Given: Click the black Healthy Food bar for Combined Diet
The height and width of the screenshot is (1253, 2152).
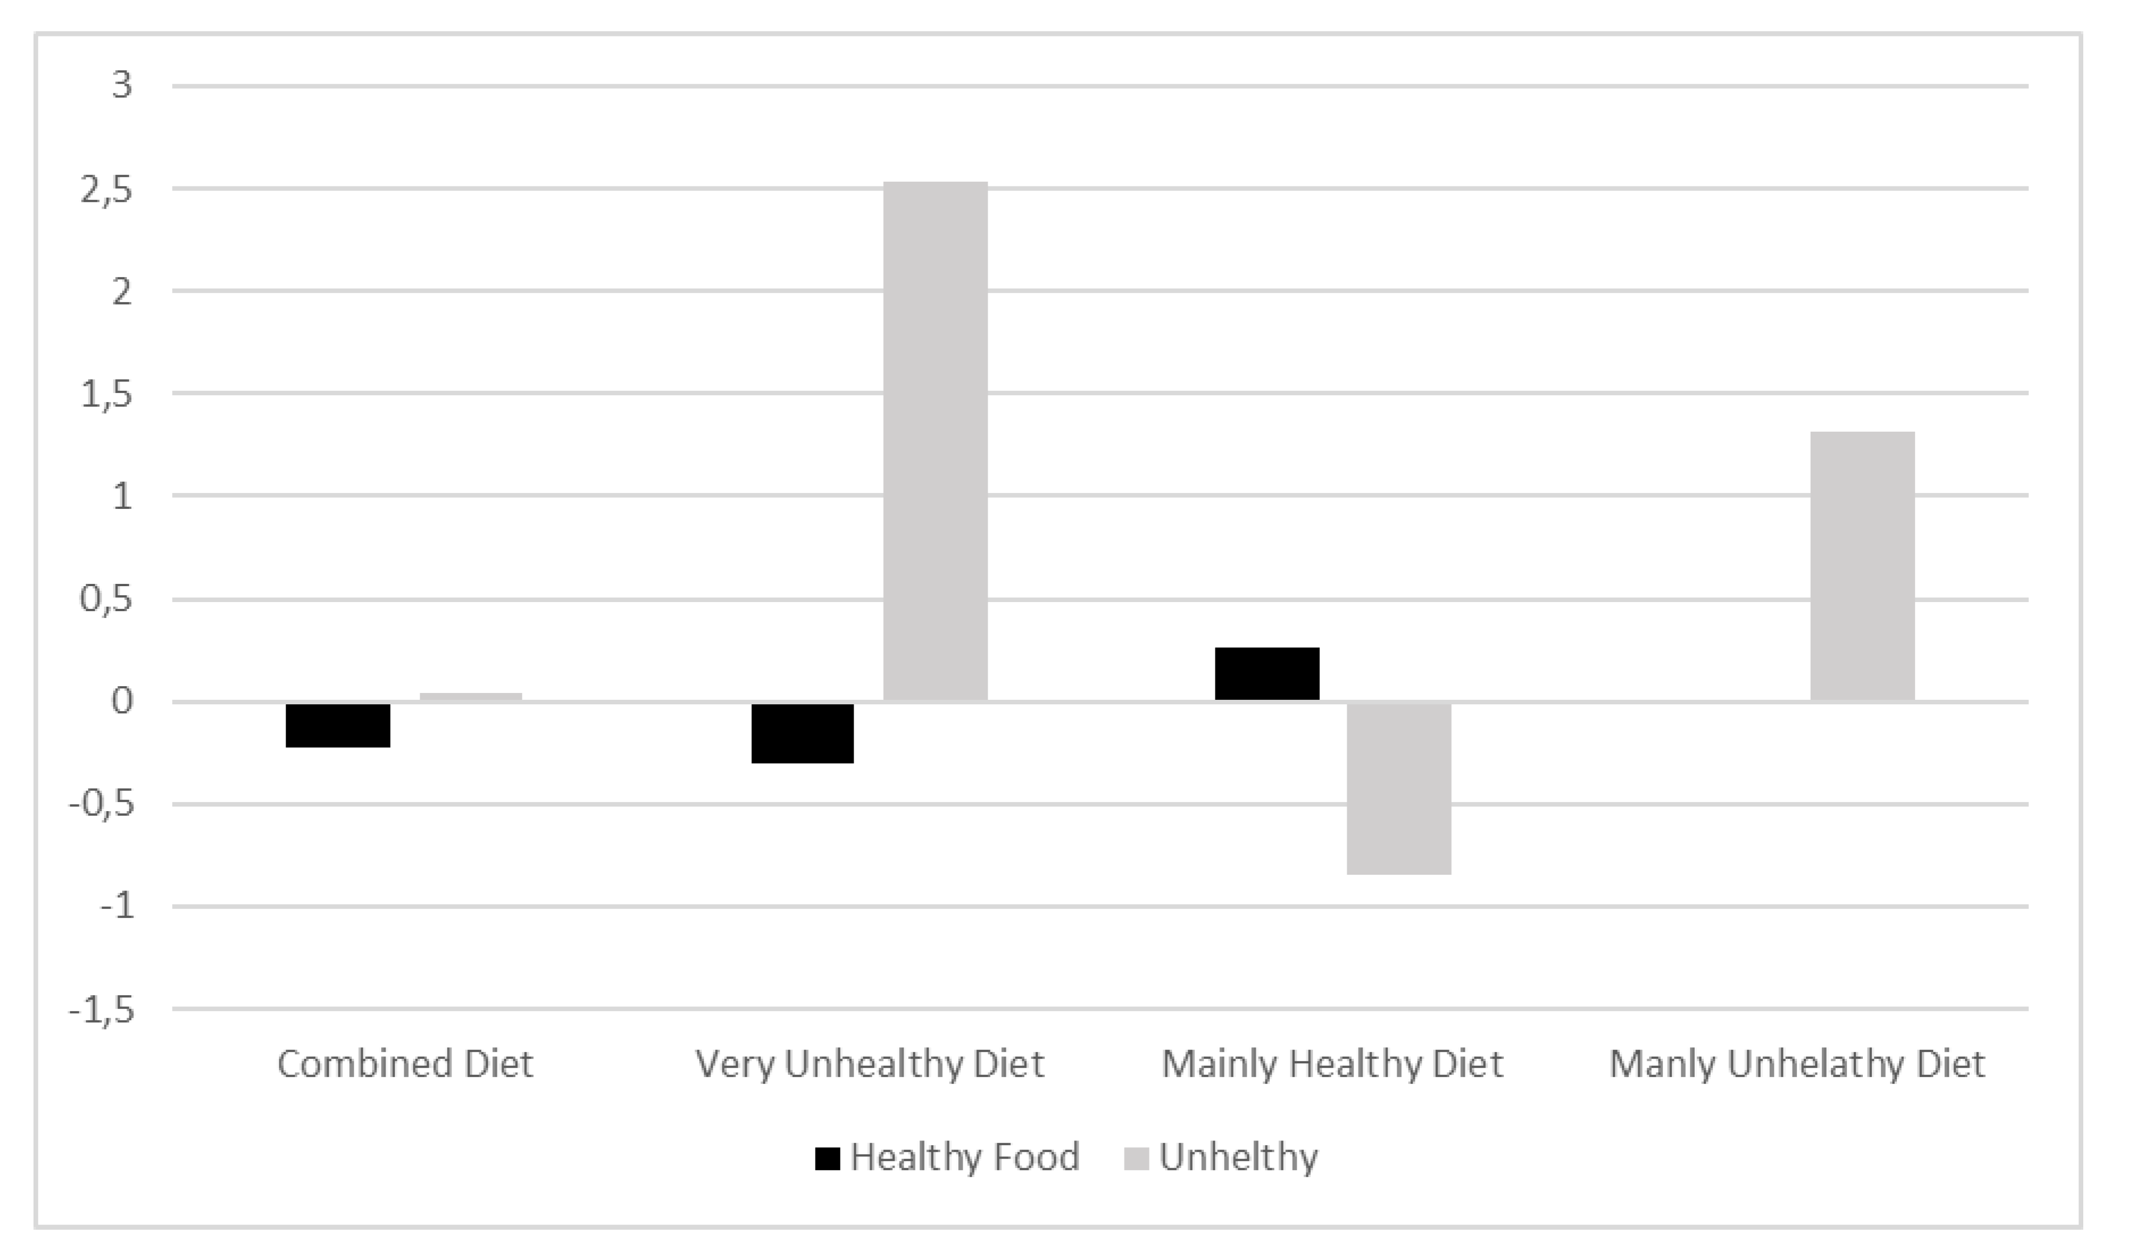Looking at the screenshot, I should click(x=338, y=725).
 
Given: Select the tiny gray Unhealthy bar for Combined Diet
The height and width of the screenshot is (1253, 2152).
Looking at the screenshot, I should click(x=470, y=697).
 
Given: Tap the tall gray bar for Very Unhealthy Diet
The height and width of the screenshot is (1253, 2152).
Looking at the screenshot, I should click(x=935, y=441).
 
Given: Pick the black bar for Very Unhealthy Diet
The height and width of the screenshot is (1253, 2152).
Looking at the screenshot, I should click(x=803, y=733).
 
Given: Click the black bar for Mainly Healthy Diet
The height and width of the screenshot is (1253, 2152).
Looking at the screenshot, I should click(x=1267, y=674).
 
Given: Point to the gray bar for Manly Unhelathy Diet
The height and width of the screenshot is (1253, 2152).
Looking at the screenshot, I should click(x=1862, y=566).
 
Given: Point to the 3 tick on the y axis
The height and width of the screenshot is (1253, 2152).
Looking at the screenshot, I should click(x=122, y=85).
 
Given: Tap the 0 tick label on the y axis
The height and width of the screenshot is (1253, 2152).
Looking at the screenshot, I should click(x=122, y=701).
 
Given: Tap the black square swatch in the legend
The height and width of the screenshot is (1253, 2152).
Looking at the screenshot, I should click(x=828, y=1158).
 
